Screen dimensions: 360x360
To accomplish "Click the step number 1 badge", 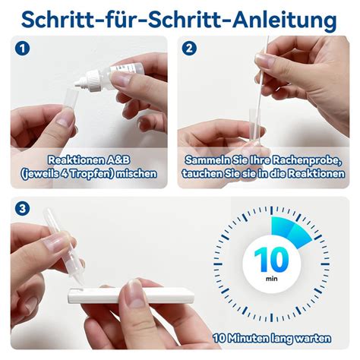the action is click(22, 49).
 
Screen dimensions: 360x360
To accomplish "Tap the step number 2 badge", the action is click(189, 49).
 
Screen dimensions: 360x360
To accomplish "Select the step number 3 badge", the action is click(22, 209).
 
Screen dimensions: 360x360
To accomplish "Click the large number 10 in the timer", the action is click(271, 260).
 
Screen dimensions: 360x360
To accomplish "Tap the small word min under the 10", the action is click(271, 279).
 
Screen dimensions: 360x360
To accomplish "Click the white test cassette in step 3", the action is click(131, 295).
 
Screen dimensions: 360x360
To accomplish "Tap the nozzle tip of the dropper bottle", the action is click(76, 84).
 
